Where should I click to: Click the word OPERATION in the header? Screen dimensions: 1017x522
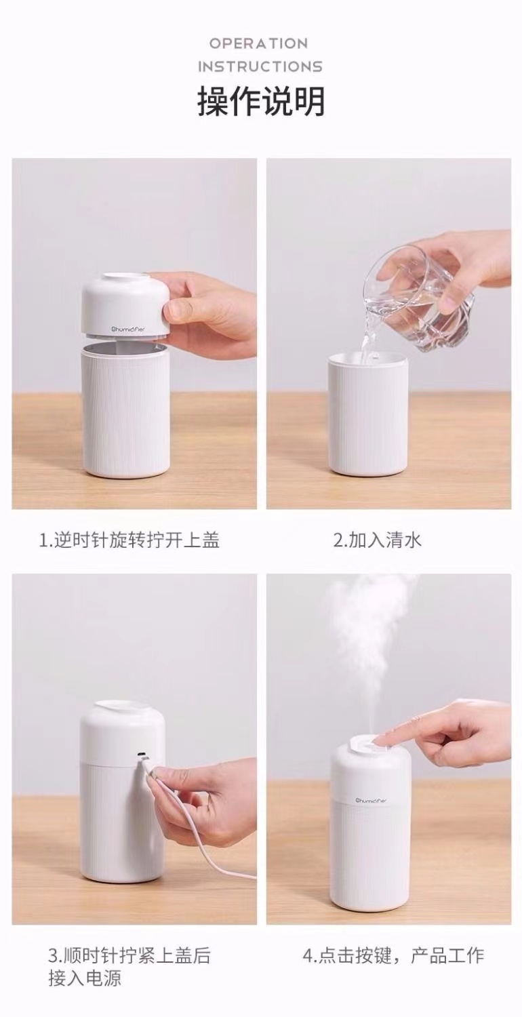point(258,43)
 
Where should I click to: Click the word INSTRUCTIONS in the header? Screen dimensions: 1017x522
point(260,66)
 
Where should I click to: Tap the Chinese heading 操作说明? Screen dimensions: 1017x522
point(261,102)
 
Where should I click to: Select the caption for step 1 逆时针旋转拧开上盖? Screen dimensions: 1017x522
point(129,540)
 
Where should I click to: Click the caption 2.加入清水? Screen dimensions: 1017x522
point(378,540)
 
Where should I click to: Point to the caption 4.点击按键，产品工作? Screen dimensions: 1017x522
point(393,955)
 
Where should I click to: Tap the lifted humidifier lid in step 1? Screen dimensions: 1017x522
point(125,305)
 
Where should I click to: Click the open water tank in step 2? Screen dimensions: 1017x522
point(368,414)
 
